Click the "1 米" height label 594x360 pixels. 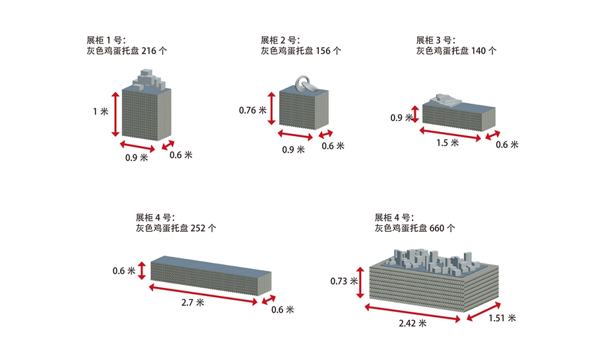[x=100, y=112]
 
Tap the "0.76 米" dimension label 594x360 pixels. [x=253, y=110]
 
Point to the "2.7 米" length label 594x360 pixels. [x=196, y=308]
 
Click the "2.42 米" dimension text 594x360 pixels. [x=413, y=323]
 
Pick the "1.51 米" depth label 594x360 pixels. [x=502, y=318]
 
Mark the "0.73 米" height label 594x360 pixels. [x=343, y=281]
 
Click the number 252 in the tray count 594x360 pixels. [x=198, y=228]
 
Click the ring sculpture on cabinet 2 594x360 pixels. [x=305, y=84]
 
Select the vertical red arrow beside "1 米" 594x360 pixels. [x=115, y=114]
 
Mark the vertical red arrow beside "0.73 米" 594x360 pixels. [x=360, y=281]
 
